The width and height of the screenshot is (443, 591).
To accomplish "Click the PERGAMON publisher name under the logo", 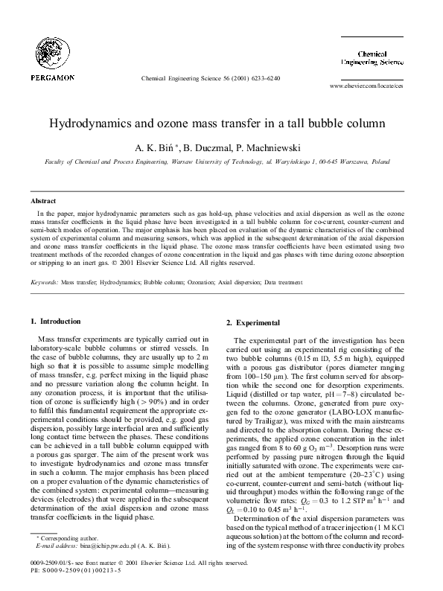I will pyautogui.click(x=53, y=76).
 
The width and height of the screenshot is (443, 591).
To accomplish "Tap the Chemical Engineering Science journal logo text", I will pyautogui.click(x=381, y=59).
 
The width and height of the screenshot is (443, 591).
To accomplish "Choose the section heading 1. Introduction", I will pyautogui.click(x=55, y=321).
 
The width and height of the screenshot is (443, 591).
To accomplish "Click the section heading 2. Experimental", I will pyautogui.click(x=252, y=322).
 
